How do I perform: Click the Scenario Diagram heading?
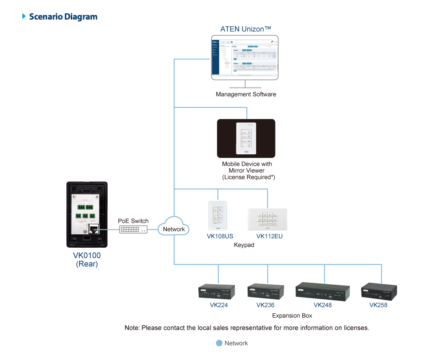pyautogui.click(x=63, y=17)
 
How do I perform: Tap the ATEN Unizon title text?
pyautogui.click(x=246, y=29)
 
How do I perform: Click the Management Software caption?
pyautogui.click(x=246, y=94)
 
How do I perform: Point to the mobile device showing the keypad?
pyautogui.click(x=246, y=139)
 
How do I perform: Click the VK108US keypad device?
pyautogui.click(x=218, y=216)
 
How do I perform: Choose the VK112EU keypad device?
pyautogui.click(x=267, y=219)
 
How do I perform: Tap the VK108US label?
pyautogui.click(x=220, y=236)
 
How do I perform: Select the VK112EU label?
pyautogui.click(x=269, y=236)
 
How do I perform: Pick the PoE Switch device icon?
pyautogui.click(x=134, y=229)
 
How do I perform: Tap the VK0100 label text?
pyautogui.click(x=87, y=256)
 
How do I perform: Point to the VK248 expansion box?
pyautogui.click(x=323, y=291)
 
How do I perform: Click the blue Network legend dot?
pyautogui.click(x=219, y=343)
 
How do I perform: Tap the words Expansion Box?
pyautogui.click(x=292, y=315)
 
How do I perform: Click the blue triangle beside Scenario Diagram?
pyautogui.click(x=24, y=16)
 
